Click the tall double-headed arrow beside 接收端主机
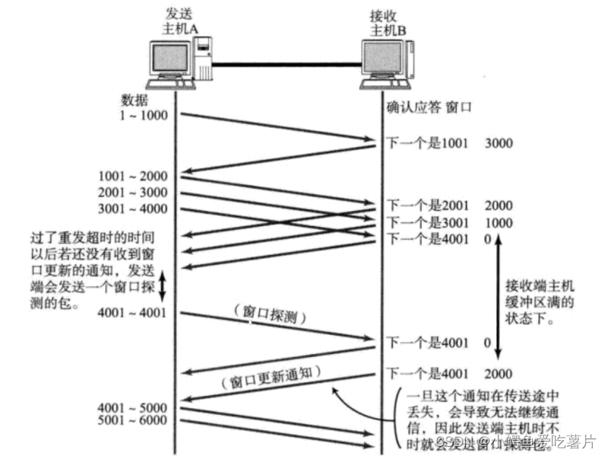pos(498,297)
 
